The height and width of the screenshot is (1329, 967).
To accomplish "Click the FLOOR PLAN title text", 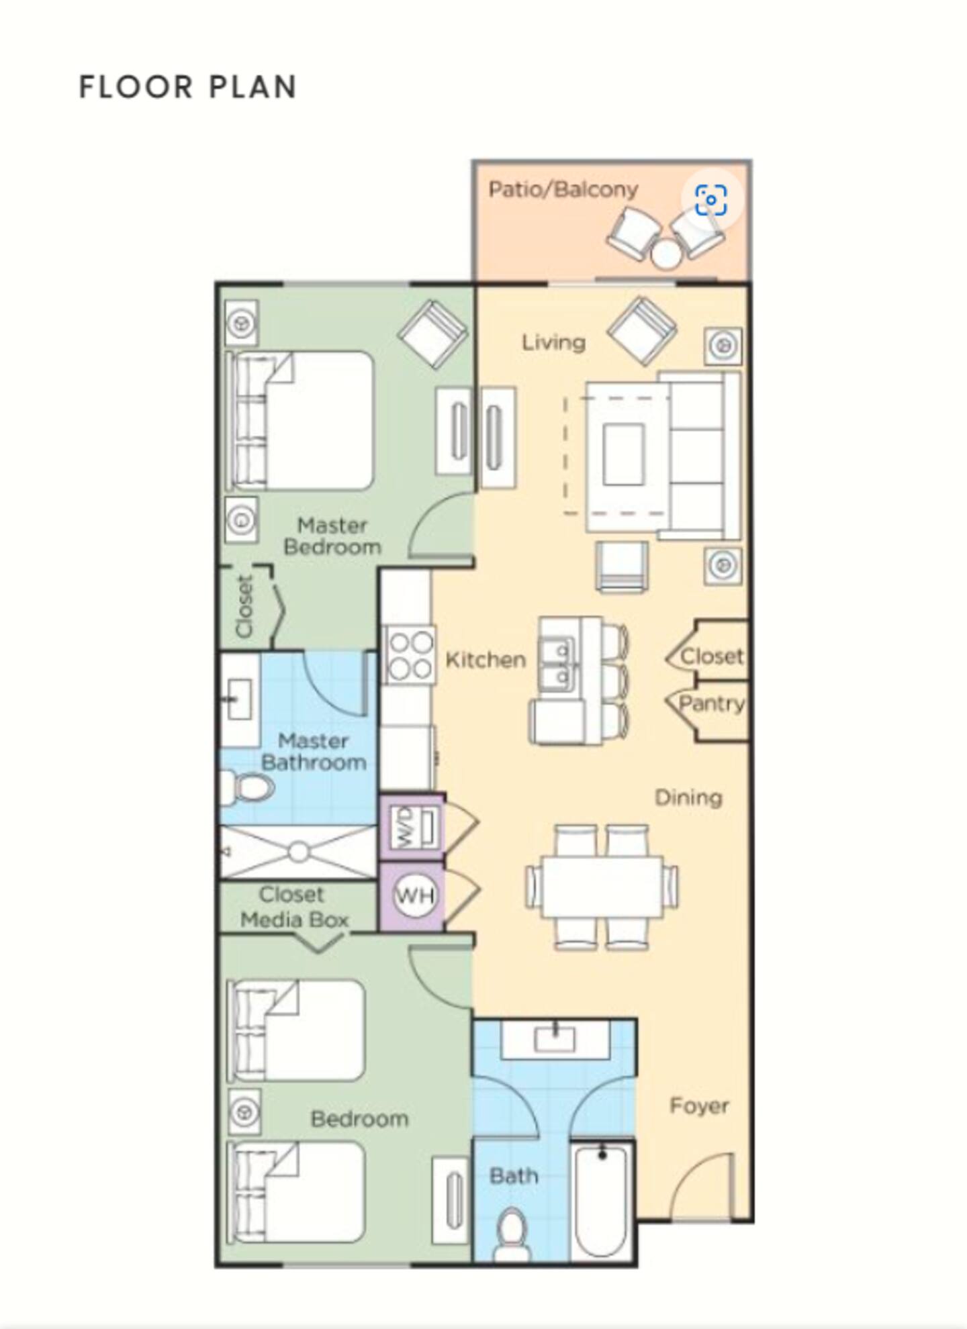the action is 188,87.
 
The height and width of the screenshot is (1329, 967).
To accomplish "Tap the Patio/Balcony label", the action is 563,189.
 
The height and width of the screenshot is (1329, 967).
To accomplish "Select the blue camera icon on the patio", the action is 711,200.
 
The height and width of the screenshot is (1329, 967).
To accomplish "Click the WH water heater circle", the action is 414,895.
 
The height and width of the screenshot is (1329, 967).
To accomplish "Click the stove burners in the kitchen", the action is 410,654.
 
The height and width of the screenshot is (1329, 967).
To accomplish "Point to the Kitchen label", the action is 486,659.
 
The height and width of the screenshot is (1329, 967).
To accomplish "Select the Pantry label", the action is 712,704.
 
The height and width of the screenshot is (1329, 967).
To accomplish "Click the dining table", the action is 602,886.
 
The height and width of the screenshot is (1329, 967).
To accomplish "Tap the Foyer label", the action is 699,1105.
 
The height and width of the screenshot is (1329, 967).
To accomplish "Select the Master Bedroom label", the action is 332,536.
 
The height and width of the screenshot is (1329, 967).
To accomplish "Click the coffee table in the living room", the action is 624,454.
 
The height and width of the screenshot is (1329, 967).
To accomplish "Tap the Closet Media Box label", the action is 294,907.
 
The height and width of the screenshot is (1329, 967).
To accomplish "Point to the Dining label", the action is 688,797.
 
